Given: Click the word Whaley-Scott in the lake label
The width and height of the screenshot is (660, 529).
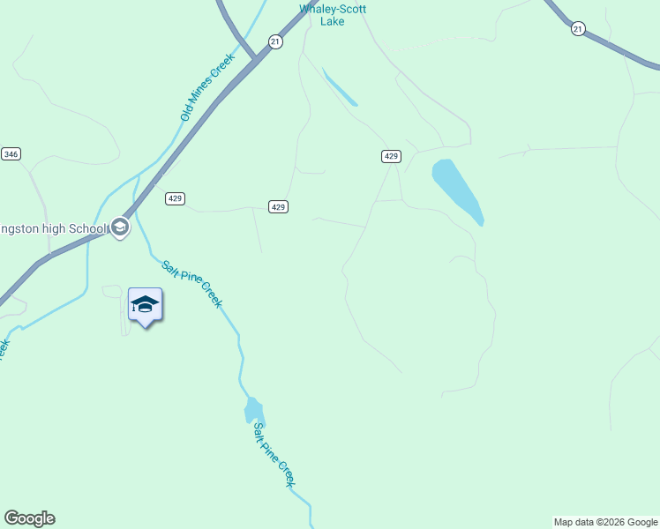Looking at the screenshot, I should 333,9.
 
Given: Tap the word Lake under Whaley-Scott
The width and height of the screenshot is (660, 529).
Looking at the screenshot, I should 333,21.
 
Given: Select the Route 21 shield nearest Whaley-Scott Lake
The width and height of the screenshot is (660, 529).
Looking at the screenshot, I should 275,42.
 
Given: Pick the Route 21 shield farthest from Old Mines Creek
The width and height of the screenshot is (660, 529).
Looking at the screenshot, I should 578,29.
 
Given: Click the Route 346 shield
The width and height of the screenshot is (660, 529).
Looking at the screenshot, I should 11,154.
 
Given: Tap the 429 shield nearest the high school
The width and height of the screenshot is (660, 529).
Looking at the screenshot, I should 175,199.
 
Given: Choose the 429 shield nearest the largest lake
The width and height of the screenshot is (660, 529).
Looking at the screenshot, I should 392,156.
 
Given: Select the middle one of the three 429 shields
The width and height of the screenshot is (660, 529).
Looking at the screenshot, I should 278,206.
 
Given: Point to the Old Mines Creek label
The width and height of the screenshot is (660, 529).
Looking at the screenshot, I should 207,87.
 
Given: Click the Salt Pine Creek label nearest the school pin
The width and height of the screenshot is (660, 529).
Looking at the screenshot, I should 191,282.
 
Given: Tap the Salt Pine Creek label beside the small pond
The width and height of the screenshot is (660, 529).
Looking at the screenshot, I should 274,455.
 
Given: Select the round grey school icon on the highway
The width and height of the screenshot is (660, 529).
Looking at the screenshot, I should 120,228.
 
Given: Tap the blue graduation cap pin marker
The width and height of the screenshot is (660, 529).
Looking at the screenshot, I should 145,306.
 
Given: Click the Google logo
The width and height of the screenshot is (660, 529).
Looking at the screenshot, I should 29,518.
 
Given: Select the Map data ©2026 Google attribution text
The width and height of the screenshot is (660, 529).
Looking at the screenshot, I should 605,522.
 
